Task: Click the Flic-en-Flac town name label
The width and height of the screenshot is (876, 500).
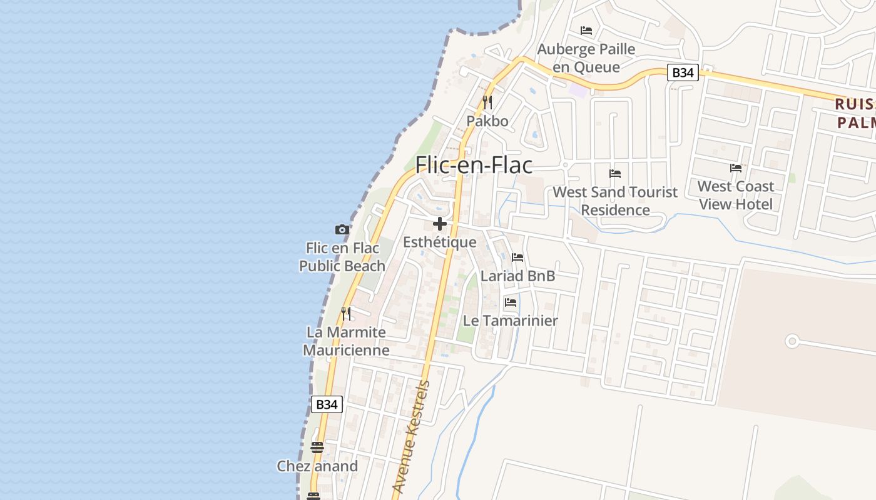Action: [474, 165]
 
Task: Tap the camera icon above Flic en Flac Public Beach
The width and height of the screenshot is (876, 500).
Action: [342, 229]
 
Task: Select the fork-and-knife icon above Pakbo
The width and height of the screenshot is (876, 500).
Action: [487, 102]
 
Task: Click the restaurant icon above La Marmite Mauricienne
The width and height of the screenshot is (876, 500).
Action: [346, 313]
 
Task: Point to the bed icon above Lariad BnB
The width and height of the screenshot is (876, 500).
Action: [517, 257]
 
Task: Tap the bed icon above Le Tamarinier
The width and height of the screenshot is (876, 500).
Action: [511, 302]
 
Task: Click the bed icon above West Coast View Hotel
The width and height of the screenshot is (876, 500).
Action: [736, 168]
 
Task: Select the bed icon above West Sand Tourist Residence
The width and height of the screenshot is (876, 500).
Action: [615, 174]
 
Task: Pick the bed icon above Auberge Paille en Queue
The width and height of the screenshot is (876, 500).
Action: [586, 30]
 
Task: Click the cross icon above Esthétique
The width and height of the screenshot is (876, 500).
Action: [440, 224]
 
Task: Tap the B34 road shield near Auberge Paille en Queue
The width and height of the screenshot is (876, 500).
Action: [682, 72]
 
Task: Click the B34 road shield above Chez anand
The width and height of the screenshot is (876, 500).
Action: [327, 404]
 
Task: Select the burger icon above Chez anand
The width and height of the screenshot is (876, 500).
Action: [317, 447]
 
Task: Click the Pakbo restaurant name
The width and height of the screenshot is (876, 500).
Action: [487, 121]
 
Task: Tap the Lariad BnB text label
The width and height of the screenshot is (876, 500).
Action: [517, 276]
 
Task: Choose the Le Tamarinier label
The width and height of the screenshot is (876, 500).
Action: [510, 321]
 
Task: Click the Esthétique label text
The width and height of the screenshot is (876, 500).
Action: [440, 242]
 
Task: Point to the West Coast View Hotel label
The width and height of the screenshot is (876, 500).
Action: [736, 195]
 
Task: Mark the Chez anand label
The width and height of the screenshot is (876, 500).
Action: [317, 466]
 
